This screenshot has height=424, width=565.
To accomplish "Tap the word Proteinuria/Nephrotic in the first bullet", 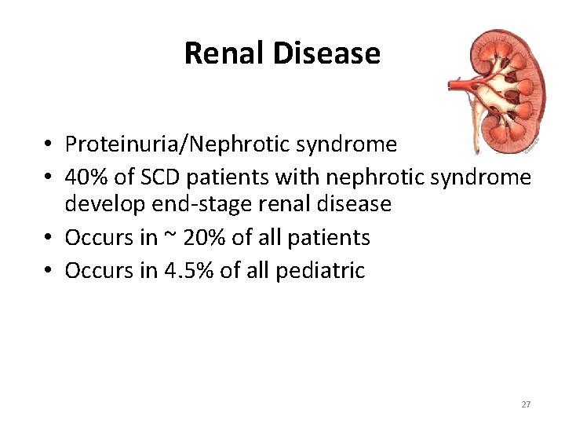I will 164,144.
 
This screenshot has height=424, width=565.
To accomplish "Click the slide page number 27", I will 526,404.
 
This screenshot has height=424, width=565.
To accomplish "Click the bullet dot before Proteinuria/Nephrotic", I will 49,145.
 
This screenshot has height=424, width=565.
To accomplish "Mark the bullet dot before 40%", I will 49,178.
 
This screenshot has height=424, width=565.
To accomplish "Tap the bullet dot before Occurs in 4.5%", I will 49,271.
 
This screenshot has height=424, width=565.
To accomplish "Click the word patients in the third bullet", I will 330,237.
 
